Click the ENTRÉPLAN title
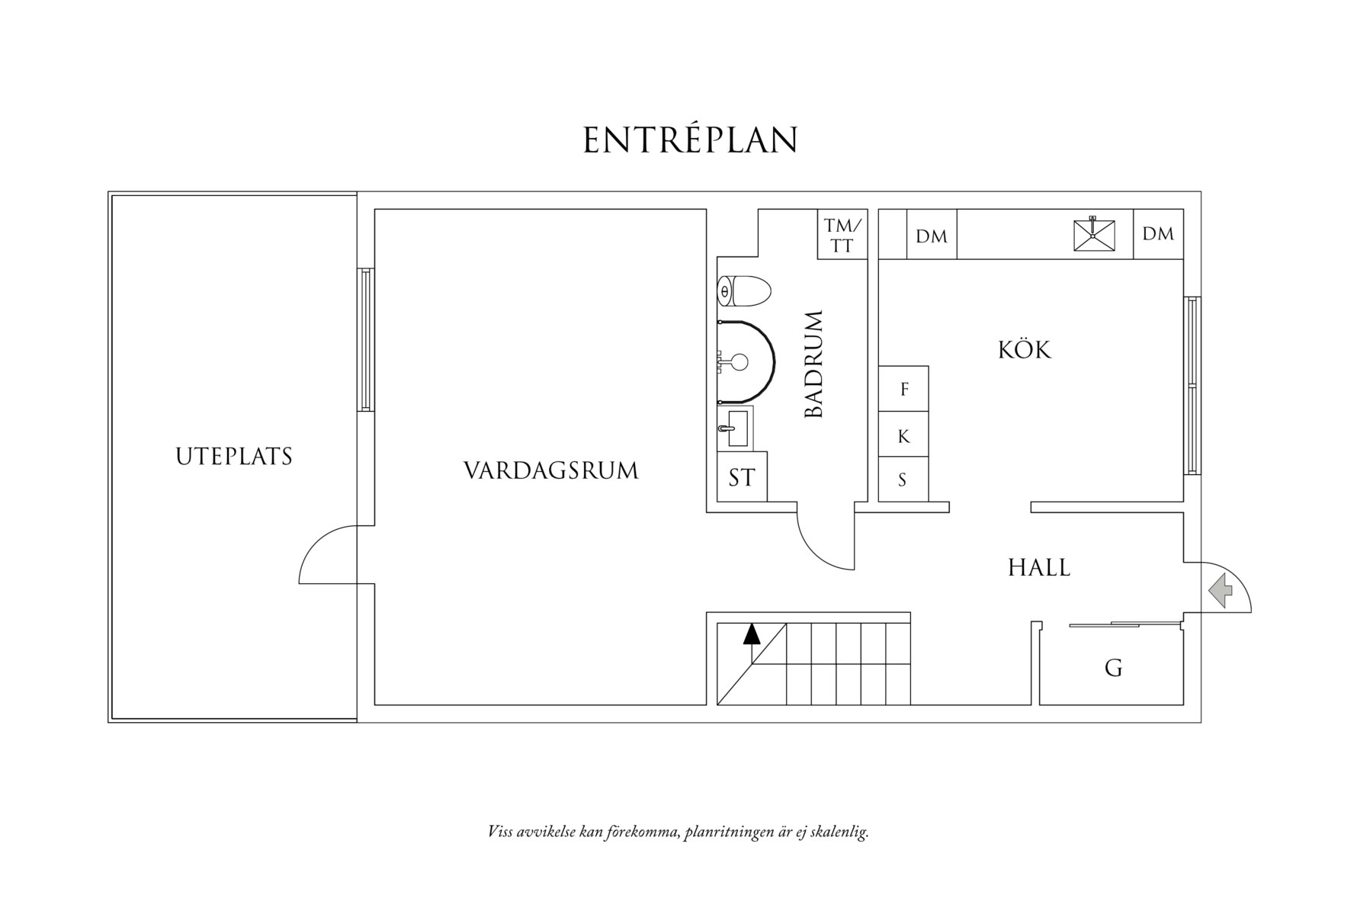click(x=691, y=140)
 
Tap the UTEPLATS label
click(x=234, y=457)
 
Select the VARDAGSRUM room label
click(x=550, y=470)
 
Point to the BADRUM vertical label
click(x=814, y=364)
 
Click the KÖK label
click(x=1024, y=350)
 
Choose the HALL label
click(x=1039, y=567)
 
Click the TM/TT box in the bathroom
click(x=842, y=235)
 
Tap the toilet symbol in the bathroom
click(x=744, y=290)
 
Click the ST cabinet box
click(x=742, y=477)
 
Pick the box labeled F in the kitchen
click(x=903, y=389)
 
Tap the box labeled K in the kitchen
click(x=903, y=436)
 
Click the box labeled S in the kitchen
click(x=903, y=480)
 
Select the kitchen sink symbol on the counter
click(x=1093, y=235)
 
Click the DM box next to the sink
click(x=1158, y=234)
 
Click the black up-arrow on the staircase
click(x=752, y=634)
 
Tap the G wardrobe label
click(x=1113, y=669)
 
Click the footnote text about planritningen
click(x=678, y=832)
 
